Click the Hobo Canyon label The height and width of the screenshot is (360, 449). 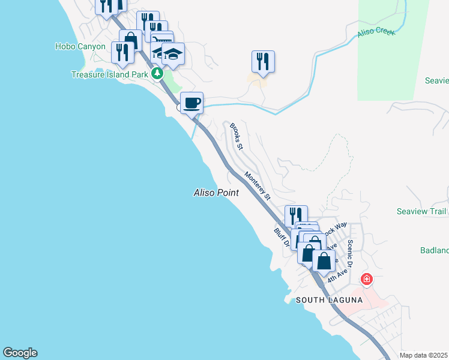point(80,46)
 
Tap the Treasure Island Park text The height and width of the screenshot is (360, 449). point(109,74)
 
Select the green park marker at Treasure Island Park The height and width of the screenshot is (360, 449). point(157,74)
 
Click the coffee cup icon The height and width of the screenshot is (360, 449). point(191,103)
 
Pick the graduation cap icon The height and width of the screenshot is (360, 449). point(173,55)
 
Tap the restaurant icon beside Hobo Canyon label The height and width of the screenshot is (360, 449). point(122,52)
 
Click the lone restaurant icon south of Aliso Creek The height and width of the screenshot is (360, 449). point(262,62)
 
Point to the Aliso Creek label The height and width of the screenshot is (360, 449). point(376,31)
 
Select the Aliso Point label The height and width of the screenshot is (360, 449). point(216,193)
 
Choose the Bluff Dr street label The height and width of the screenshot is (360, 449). point(282,237)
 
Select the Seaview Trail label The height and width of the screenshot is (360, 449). point(421,211)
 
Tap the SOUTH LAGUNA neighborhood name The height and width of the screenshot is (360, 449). point(329,300)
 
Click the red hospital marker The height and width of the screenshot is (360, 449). point(366,279)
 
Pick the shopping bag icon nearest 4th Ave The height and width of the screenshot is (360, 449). point(324,261)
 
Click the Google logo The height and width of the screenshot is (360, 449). point(20,353)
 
